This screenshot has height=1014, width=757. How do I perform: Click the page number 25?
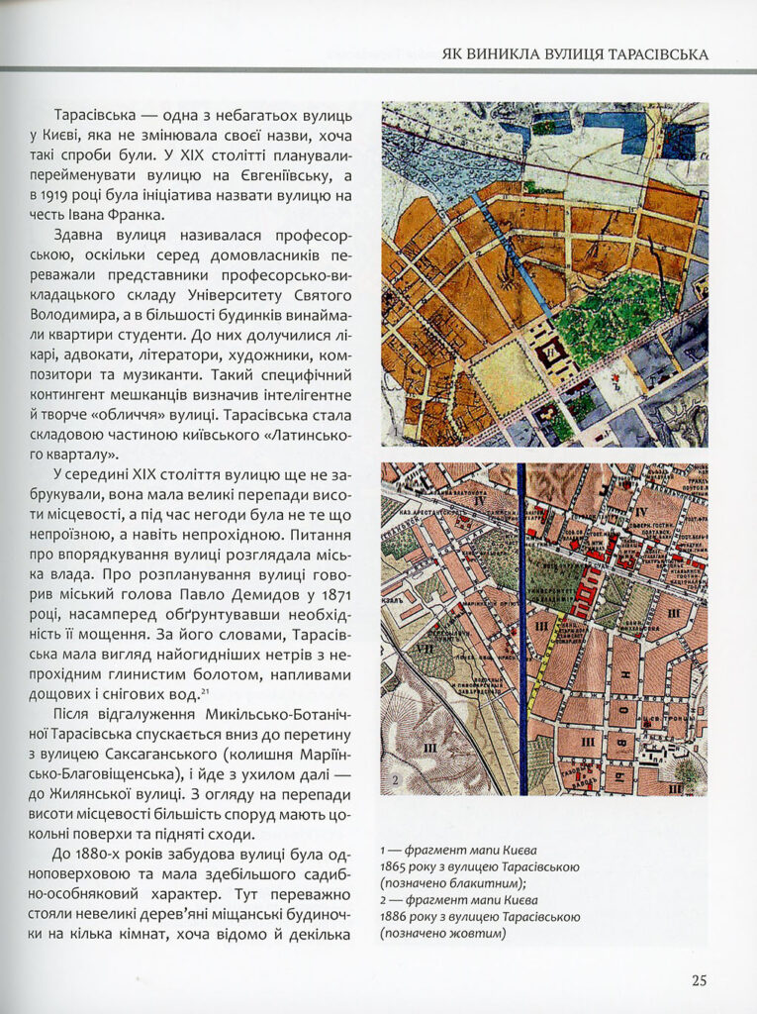tap(699, 981)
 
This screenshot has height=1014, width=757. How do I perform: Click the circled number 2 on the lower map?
tap(394, 780)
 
